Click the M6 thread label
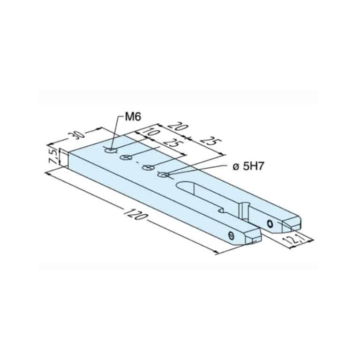[x=133, y=117]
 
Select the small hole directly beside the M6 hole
[x=126, y=157]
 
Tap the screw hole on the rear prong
[x=270, y=223]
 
